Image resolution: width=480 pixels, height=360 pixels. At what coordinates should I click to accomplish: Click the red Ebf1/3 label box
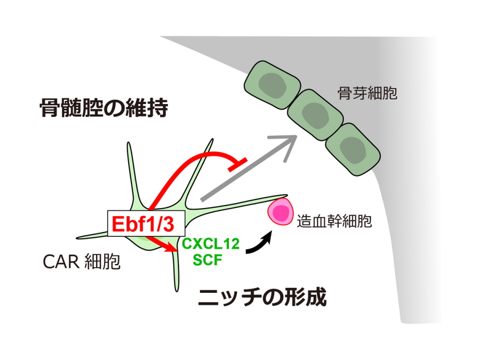pos(142,223)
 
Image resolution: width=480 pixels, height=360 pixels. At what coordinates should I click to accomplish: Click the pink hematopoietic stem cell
pos(281,212)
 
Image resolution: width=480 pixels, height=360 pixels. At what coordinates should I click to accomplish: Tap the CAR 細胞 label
pos(82,262)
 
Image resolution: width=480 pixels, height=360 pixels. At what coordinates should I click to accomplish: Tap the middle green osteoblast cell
pos(315,114)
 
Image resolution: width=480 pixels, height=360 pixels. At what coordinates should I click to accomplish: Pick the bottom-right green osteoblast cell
pos(353,148)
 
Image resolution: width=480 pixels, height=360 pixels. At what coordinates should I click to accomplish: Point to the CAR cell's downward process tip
pos(175,288)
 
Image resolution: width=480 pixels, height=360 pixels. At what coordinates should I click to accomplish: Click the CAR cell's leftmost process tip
pos(79,237)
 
